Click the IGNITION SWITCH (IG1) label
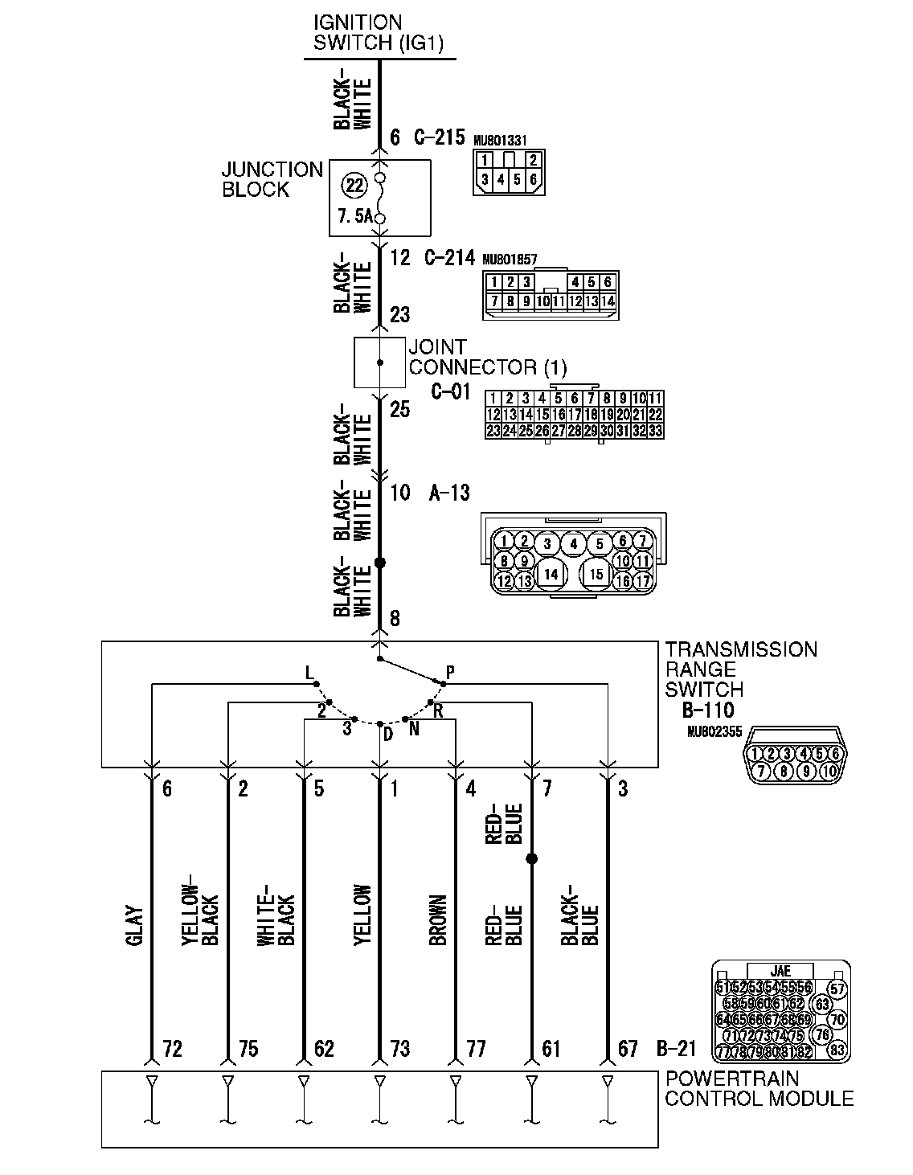(x=368, y=32)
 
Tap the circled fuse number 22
(x=354, y=186)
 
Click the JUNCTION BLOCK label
(x=272, y=179)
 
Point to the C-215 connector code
(x=439, y=137)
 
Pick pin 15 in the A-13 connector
(x=596, y=574)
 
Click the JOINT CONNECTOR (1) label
(x=487, y=358)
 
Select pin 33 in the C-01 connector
(x=655, y=431)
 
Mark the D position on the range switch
(x=387, y=735)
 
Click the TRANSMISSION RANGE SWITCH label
(x=741, y=669)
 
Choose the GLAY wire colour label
(x=134, y=926)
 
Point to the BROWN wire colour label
(x=438, y=920)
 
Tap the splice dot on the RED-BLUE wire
(x=531, y=859)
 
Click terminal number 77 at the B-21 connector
(x=476, y=1048)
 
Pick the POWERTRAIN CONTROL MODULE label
(x=759, y=1088)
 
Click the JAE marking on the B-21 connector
(x=780, y=971)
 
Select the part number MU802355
(x=714, y=732)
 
